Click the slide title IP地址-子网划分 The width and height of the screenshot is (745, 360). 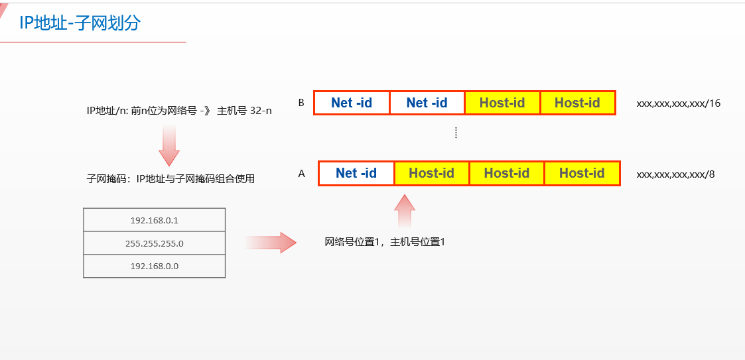[x=80, y=23]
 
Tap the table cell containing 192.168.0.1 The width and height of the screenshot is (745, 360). [x=155, y=220]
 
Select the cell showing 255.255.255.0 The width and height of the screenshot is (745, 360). [x=155, y=243]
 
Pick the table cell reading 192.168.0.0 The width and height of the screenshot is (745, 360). [x=155, y=266]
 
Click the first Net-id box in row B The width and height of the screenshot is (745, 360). [x=352, y=103]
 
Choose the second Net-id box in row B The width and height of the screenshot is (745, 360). [x=427, y=103]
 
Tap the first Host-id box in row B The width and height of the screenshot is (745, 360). [x=502, y=103]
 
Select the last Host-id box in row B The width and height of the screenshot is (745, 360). [x=577, y=103]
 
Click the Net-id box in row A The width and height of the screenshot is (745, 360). [x=356, y=173]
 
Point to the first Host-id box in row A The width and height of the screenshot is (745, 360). [x=431, y=173]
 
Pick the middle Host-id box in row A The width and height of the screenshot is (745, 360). [x=507, y=173]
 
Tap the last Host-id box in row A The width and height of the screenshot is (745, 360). [x=582, y=173]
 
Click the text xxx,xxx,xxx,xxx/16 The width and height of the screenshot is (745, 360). [x=678, y=103]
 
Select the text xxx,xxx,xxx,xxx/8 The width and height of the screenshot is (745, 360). [x=675, y=174]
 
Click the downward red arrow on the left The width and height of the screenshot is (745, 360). [x=169, y=146]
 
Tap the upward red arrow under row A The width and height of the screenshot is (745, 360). [x=404, y=211]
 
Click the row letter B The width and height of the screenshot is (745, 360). [x=301, y=103]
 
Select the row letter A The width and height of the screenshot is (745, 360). [x=302, y=174]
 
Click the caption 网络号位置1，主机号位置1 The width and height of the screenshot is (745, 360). [x=385, y=243]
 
